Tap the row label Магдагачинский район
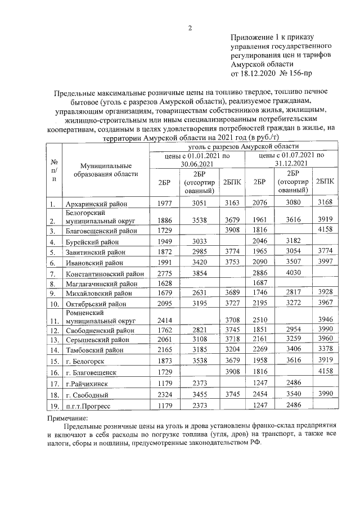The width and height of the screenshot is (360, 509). coord(102,284)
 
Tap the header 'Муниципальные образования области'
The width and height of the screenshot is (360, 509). coord(105,170)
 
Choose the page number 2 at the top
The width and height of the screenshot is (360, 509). coord(190,28)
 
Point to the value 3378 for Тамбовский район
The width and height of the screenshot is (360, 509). coord(325,349)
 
